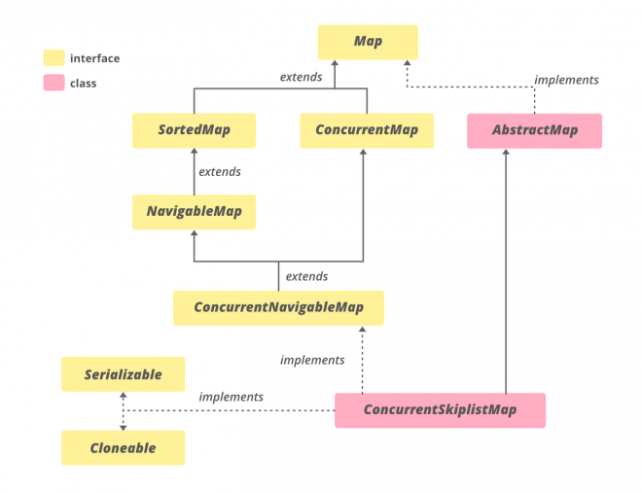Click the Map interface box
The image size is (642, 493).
(368, 42)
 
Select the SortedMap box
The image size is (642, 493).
(194, 130)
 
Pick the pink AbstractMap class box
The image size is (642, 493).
(534, 130)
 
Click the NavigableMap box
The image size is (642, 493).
(194, 211)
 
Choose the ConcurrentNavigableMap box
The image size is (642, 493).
(278, 307)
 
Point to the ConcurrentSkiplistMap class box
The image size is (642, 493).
(440, 410)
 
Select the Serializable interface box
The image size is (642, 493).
(123, 374)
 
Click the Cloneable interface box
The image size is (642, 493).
(123, 448)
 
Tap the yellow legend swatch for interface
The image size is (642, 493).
(53, 58)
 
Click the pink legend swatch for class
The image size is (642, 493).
(53, 84)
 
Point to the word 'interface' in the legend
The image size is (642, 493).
(94, 58)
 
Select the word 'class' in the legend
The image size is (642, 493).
(83, 84)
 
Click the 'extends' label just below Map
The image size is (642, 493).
(301, 77)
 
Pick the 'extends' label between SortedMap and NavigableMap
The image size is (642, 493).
(219, 172)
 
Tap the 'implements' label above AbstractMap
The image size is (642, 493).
(566, 80)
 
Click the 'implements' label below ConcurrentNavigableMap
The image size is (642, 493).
(312, 360)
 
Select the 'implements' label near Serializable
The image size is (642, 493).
(231, 397)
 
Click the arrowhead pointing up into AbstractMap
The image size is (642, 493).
(505, 154)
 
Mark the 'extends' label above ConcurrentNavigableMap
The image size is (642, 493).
(306, 276)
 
